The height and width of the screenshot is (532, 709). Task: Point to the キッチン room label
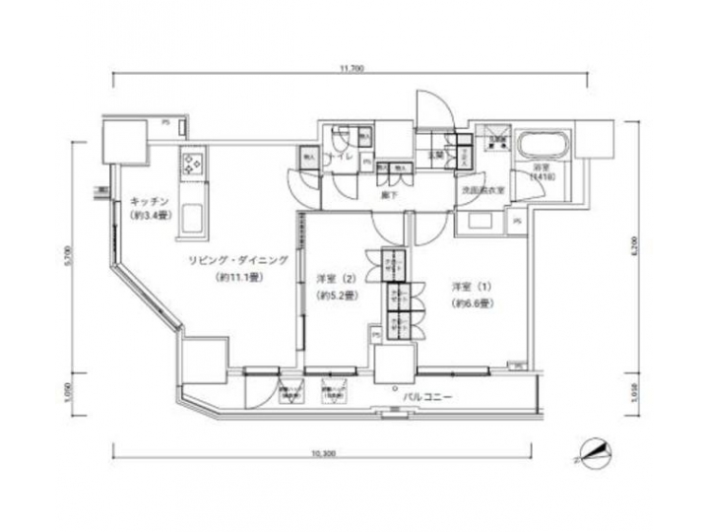click(147, 202)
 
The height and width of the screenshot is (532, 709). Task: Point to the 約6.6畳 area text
click(471, 303)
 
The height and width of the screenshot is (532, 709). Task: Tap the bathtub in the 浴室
click(543, 149)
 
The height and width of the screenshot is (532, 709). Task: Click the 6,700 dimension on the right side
click(638, 246)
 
